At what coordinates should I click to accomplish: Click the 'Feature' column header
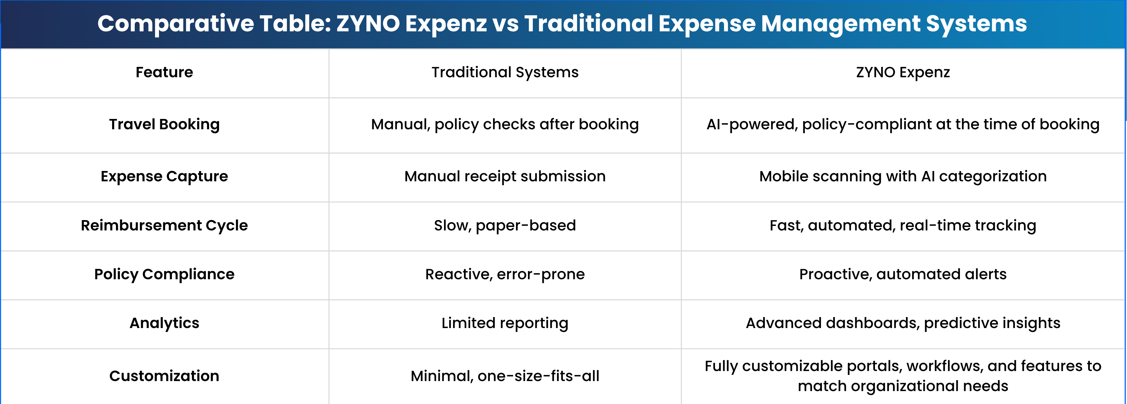[164, 72]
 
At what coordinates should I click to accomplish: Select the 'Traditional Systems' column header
[505, 72]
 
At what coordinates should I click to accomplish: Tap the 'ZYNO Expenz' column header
[903, 72]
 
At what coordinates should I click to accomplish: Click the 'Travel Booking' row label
[164, 124]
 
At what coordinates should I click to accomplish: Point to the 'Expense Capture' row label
[164, 176]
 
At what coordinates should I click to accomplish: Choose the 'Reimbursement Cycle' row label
[164, 225]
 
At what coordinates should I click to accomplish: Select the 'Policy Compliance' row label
[164, 274]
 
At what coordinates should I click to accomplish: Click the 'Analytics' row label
[164, 323]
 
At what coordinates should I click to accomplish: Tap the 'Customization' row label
[164, 376]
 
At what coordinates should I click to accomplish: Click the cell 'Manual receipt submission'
[505, 176]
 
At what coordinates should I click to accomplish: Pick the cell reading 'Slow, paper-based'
[505, 225]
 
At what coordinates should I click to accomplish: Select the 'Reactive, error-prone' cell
[505, 274]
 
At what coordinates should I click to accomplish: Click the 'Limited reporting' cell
[505, 323]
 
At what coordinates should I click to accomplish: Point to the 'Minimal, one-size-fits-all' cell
[505, 376]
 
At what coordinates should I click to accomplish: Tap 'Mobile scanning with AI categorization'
[903, 176]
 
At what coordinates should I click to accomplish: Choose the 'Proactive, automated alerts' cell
[903, 274]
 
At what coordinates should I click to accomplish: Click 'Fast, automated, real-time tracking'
[903, 225]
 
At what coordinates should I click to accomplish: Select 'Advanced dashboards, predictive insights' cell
[903, 323]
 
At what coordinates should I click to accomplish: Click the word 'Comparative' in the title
[175, 24]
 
